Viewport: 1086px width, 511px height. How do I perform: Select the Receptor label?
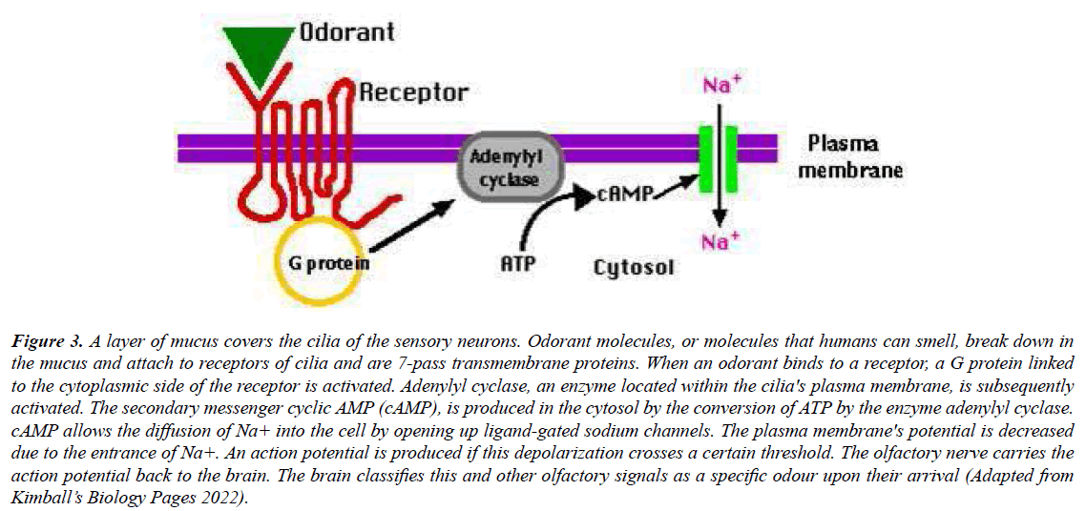(x=414, y=92)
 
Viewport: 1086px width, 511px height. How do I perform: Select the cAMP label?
(x=625, y=194)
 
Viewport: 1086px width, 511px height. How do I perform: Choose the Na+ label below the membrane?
(x=722, y=242)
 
